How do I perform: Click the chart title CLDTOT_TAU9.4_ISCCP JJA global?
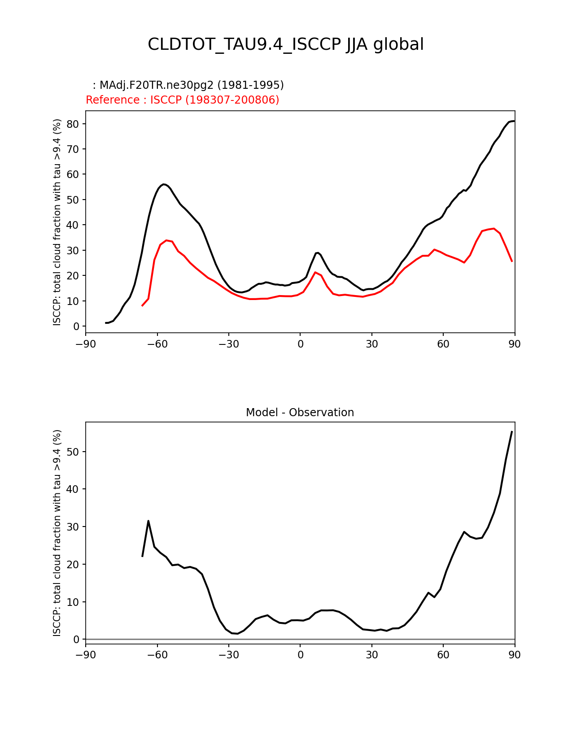click(x=286, y=44)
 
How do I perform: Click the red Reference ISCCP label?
click(x=182, y=100)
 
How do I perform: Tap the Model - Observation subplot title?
click(x=300, y=413)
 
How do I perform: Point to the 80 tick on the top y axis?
click(x=73, y=124)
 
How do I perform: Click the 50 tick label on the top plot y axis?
click(x=73, y=200)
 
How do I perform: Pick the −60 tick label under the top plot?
click(x=157, y=344)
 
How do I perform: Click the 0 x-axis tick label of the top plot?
click(x=300, y=344)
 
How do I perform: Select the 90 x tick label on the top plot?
click(x=515, y=344)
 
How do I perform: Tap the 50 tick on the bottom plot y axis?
click(x=73, y=452)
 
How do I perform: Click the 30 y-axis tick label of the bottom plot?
click(x=73, y=527)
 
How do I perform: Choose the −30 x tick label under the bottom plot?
click(x=228, y=655)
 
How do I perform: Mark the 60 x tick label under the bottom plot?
click(x=443, y=655)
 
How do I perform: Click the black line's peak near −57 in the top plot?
click(x=164, y=184)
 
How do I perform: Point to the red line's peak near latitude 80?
click(x=493, y=228)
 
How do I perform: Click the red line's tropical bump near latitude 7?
click(x=315, y=272)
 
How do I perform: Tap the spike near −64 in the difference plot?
click(x=148, y=521)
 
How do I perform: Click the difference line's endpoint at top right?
click(x=512, y=431)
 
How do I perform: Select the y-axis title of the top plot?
click(x=57, y=222)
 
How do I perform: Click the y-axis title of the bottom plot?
click(x=57, y=533)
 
